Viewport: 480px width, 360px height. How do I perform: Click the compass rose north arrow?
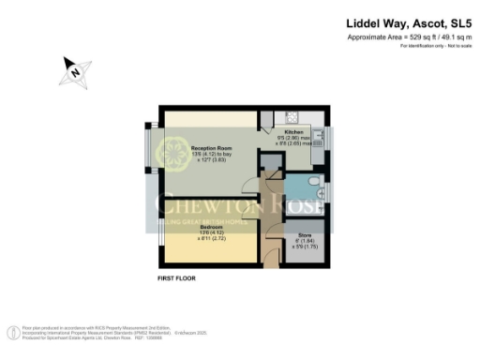click(x=73, y=68)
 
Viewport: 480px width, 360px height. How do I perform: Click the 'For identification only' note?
click(x=443, y=45)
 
